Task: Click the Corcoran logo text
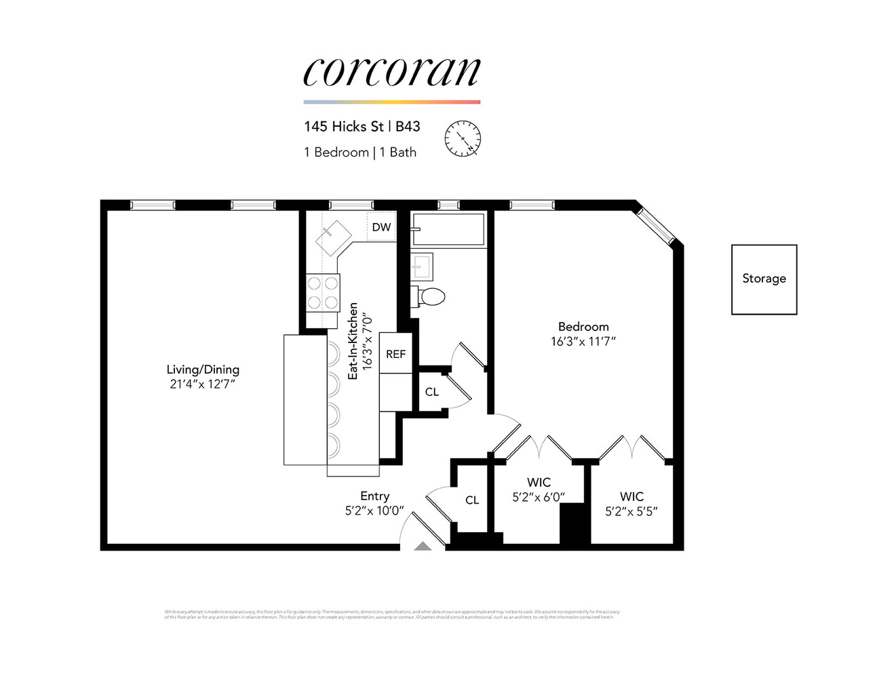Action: (391, 72)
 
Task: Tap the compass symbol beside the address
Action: (463, 138)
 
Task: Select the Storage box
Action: (764, 279)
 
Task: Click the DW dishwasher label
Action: (381, 227)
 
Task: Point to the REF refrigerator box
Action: (395, 353)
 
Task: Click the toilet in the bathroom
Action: (428, 296)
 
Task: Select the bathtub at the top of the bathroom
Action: (448, 230)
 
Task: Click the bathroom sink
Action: (423, 266)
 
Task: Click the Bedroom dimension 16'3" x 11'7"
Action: (583, 342)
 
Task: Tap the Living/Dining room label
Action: (203, 370)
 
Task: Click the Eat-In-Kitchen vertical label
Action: (353, 340)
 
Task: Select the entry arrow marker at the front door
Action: (422, 546)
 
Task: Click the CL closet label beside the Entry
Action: (472, 500)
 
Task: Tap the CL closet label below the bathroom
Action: (431, 392)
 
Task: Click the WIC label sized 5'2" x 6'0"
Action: (539, 483)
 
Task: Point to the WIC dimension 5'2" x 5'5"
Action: (631, 512)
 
